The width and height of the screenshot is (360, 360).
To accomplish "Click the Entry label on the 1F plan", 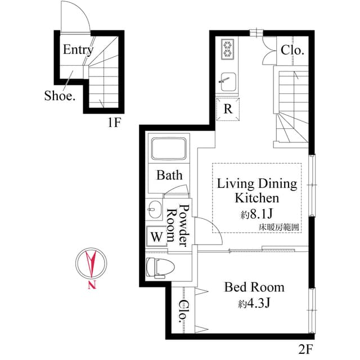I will (x=78, y=49).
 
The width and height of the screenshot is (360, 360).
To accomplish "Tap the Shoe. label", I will (x=60, y=96).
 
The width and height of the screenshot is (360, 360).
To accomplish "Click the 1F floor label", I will (x=114, y=123).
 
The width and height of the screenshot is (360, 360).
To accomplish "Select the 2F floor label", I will (x=305, y=349).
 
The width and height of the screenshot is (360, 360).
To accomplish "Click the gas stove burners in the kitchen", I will (x=227, y=49).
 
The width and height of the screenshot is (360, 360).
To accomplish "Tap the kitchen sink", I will (x=228, y=80).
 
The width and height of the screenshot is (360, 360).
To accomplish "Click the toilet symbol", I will (x=156, y=267).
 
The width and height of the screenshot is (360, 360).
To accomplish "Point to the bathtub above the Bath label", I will (x=169, y=149).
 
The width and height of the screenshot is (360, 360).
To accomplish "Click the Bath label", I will (x=169, y=175).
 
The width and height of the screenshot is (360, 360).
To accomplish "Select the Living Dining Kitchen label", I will (x=257, y=191).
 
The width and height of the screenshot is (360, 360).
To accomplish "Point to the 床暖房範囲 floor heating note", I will (x=278, y=227).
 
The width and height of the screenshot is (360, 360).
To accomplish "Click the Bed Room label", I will (x=254, y=287).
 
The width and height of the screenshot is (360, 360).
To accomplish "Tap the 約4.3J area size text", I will (x=255, y=304).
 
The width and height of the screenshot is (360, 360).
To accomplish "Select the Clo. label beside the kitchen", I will (x=292, y=49).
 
